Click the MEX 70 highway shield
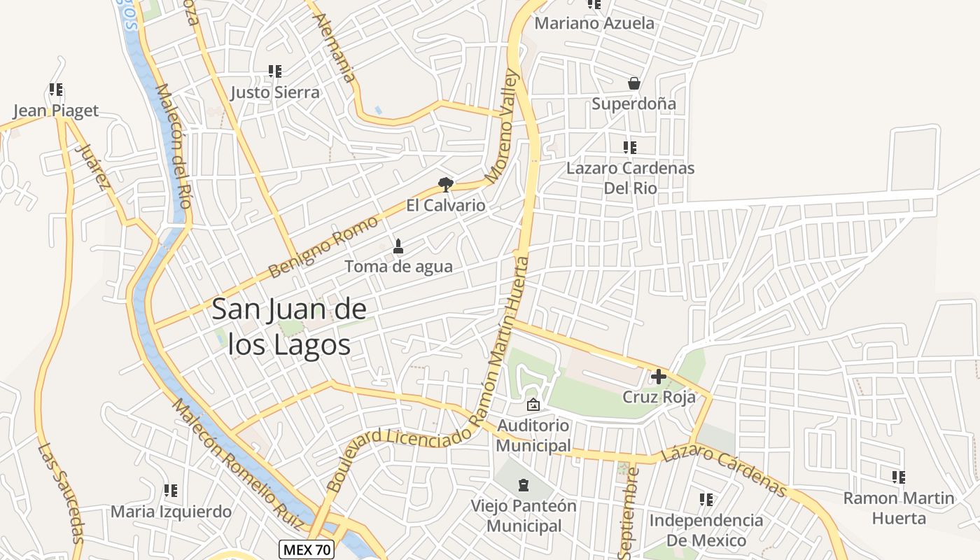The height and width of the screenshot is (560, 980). point(307,549)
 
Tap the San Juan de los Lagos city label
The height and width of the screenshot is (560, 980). point(288,326)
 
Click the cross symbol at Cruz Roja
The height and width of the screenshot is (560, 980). point(659,377)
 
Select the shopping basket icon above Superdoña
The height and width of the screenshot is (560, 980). point(634,84)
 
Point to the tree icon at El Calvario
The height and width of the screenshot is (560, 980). point(445,185)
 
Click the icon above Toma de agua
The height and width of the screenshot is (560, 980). point(398,246)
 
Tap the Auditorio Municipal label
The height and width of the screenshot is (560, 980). point(533,435)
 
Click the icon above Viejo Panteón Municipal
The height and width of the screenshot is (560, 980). point(523,484)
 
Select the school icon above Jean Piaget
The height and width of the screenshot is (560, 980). point(56,90)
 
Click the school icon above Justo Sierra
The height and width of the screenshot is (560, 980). point(275,71)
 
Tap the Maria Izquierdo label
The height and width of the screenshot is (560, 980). point(171,512)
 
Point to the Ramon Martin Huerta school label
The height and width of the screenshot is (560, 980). point(899,508)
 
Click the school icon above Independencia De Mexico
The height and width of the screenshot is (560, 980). point(706,500)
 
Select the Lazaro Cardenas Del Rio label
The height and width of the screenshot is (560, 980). point(630,178)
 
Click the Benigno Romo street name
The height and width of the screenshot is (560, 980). point(323,246)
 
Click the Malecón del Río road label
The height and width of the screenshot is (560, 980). point(174,146)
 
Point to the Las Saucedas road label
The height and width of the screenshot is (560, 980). point(62,493)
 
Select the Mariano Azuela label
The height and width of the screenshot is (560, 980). point(594,23)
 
